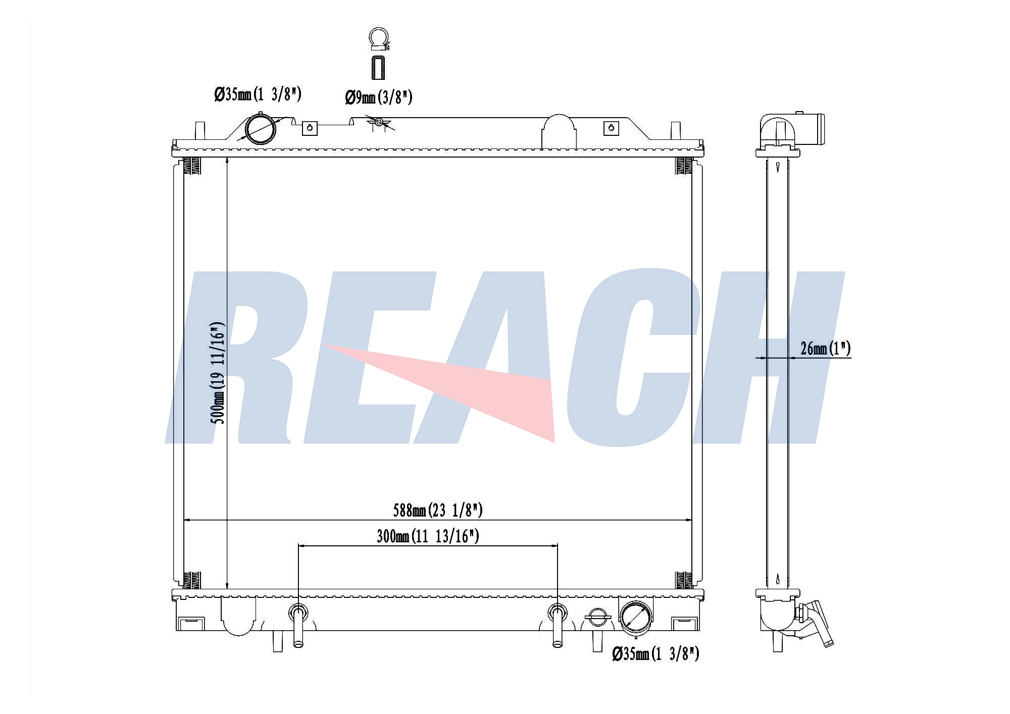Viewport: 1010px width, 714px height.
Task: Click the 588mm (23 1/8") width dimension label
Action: [438, 511]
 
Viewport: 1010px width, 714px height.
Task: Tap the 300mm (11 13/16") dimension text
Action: [428, 536]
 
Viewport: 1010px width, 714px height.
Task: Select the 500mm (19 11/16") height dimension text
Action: [218, 373]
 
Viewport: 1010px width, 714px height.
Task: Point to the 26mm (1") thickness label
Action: [826, 348]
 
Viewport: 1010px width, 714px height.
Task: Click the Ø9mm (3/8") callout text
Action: [379, 96]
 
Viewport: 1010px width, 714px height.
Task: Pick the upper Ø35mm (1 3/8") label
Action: [258, 94]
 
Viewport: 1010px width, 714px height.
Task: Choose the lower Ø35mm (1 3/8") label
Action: [655, 654]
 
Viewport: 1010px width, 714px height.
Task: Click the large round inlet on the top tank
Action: [261, 129]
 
